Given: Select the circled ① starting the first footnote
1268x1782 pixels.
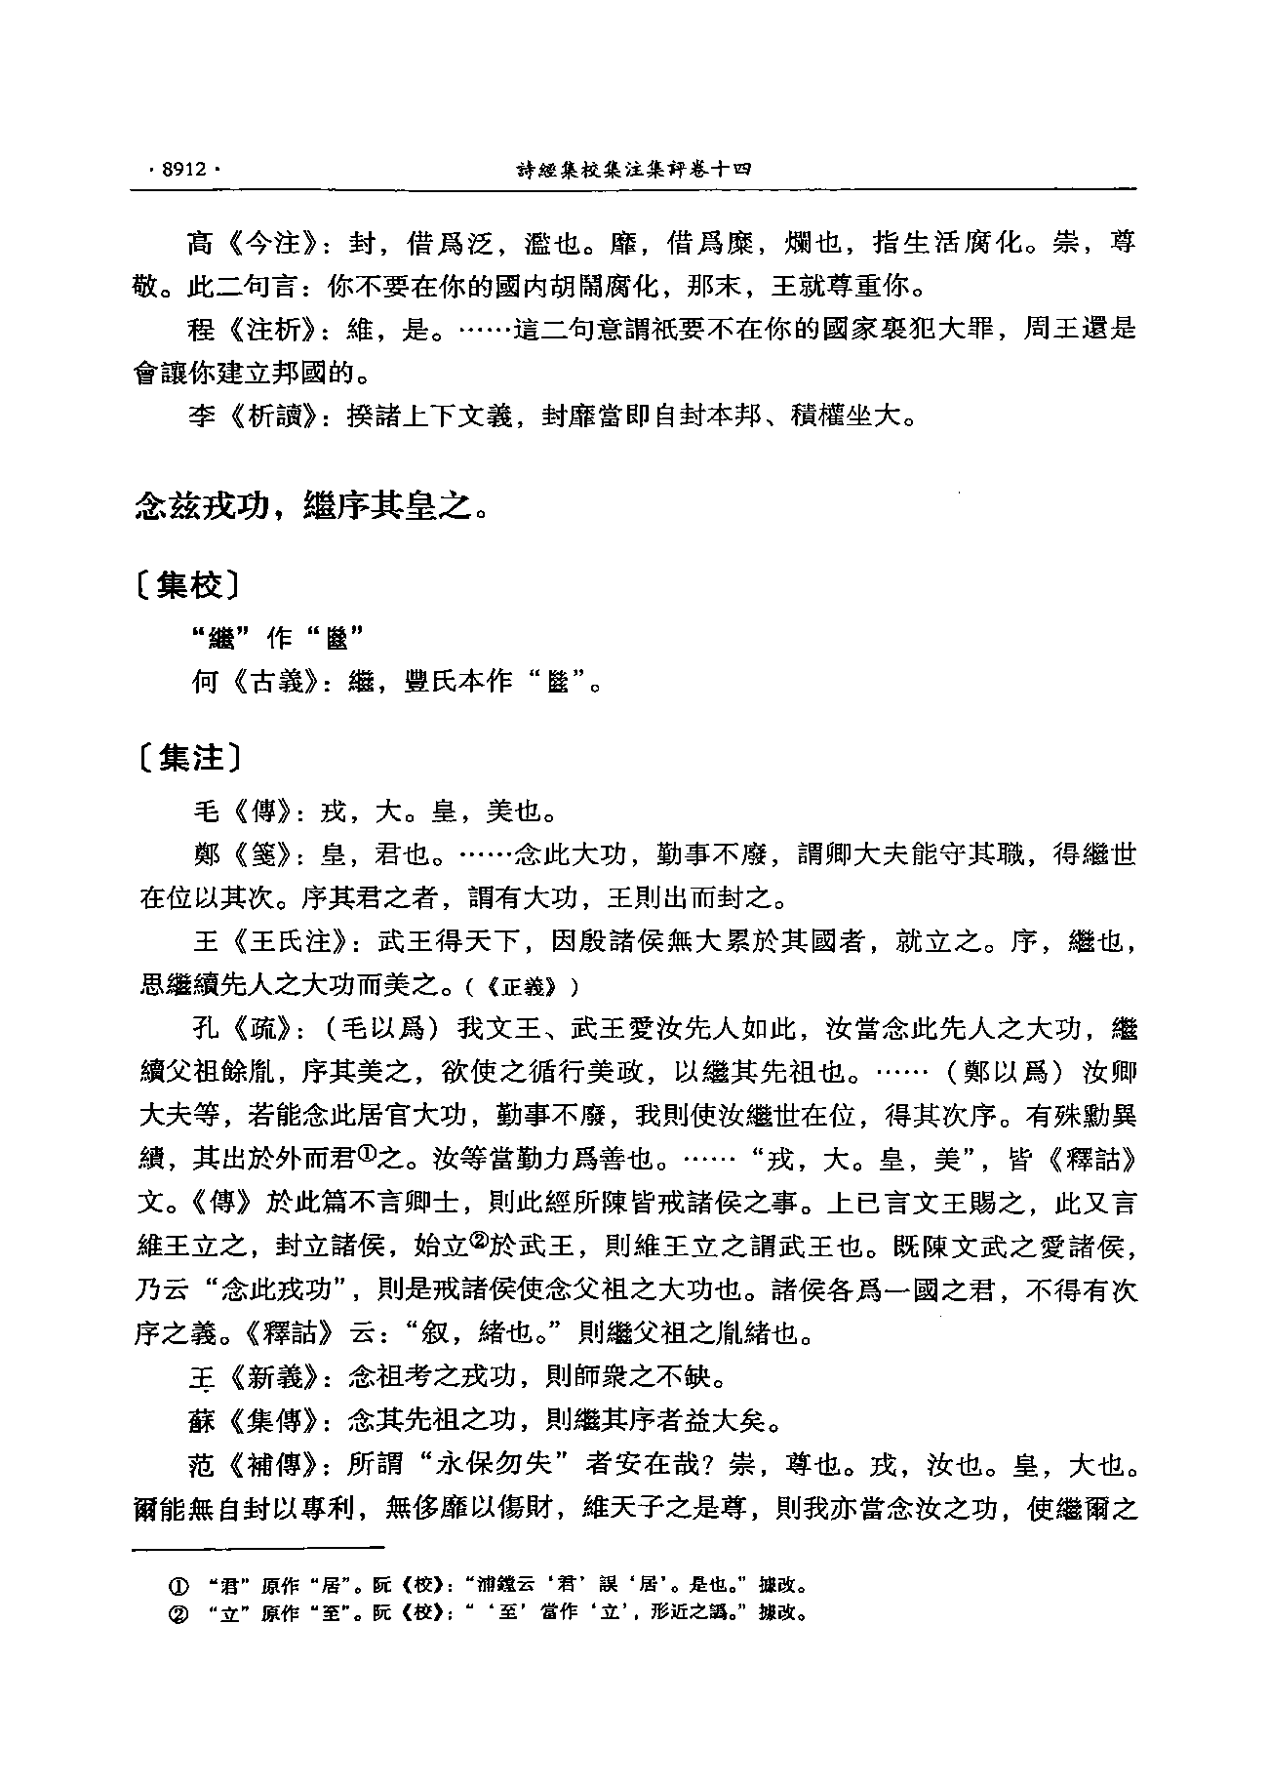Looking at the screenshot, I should tap(178, 1584).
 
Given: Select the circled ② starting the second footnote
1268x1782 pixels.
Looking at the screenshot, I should tap(178, 1612).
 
